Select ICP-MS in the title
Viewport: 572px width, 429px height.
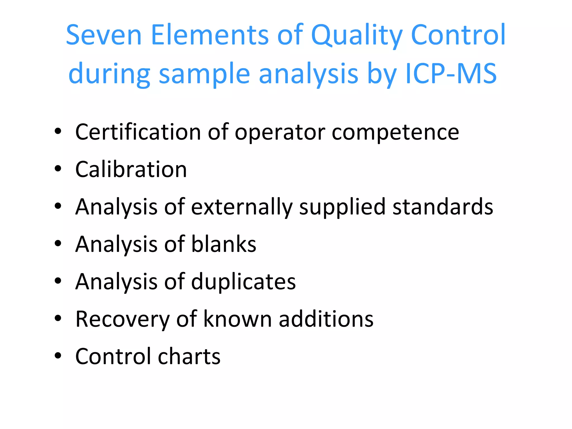pyautogui.click(x=451, y=73)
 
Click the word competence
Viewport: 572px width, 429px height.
pyautogui.click(x=395, y=132)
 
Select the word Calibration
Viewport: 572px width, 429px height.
pyautogui.click(x=131, y=169)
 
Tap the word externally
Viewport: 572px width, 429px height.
pyautogui.click(x=242, y=207)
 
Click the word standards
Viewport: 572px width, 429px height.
pyautogui.click(x=443, y=207)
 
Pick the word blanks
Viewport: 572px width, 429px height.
pyautogui.click(x=223, y=244)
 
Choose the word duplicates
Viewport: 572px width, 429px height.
pyautogui.click(x=243, y=282)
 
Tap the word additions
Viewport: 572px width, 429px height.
pyautogui.click(x=326, y=319)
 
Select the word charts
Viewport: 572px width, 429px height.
pyautogui.click(x=189, y=356)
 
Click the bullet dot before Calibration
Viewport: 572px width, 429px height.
pyautogui.click(x=58, y=169)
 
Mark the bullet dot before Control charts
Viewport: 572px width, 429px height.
pyautogui.click(x=58, y=356)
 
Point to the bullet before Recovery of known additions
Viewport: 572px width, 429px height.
pyautogui.click(x=58, y=318)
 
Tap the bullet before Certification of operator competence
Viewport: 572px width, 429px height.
pyautogui.click(x=58, y=131)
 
